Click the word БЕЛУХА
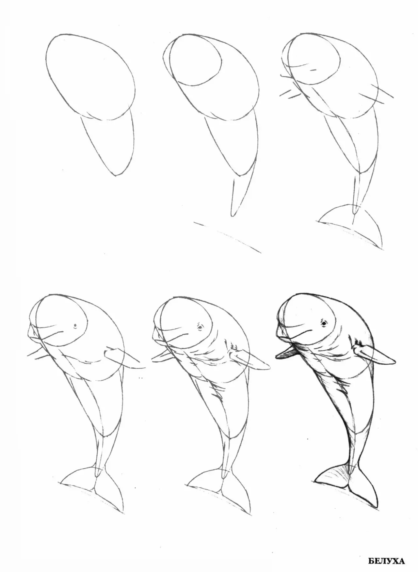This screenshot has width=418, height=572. coord(386,561)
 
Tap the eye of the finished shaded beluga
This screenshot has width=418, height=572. coord(324,323)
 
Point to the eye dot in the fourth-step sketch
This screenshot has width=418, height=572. coord(75,326)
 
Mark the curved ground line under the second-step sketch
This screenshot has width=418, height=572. coord(227,236)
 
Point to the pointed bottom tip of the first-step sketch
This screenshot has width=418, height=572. coord(115,175)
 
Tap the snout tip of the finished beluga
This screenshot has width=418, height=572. coord(278,332)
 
